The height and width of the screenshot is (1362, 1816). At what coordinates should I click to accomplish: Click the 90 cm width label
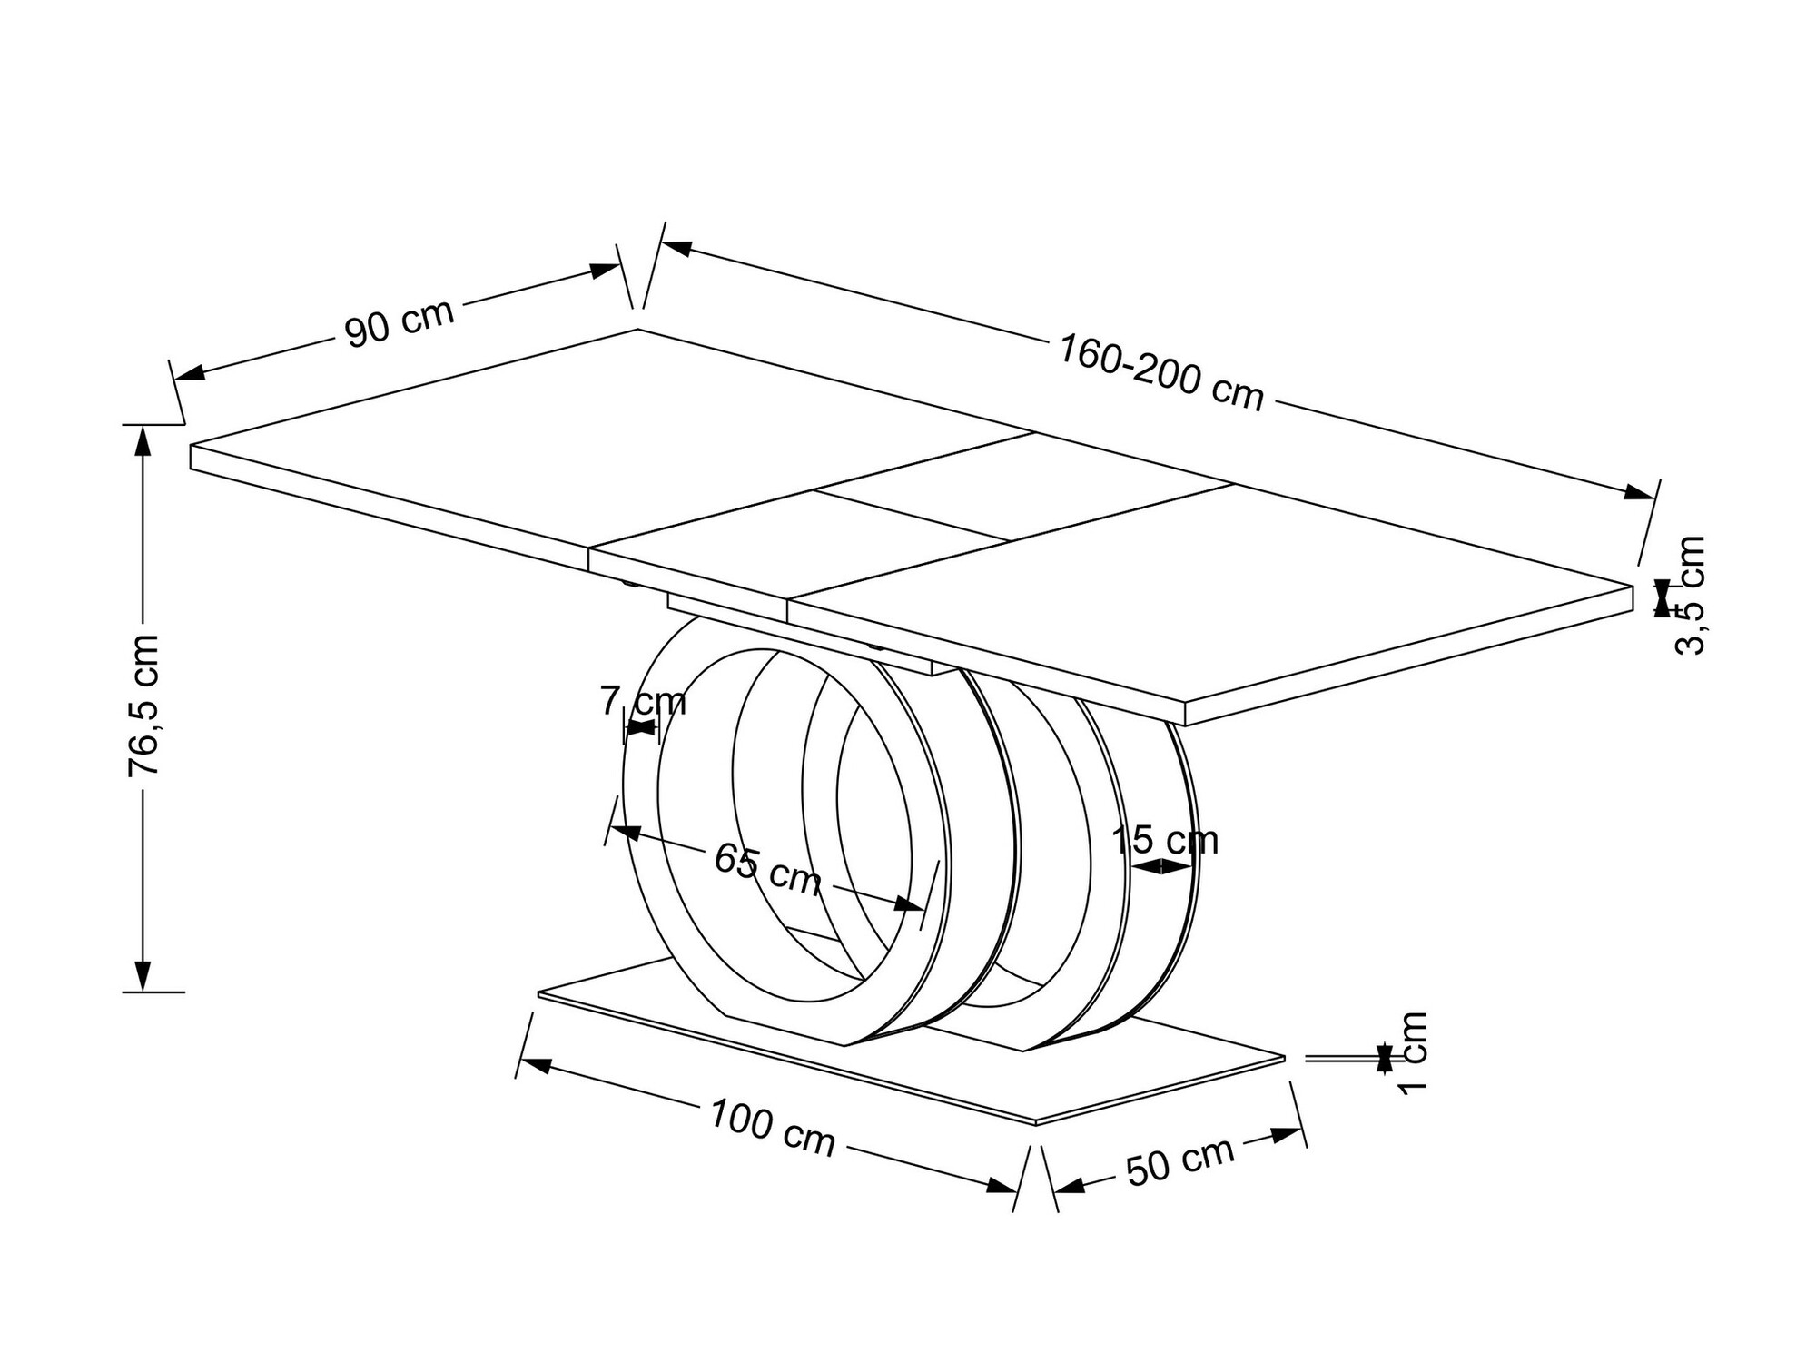tap(400, 321)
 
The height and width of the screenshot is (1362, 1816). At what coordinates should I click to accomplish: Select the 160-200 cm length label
tap(1161, 372)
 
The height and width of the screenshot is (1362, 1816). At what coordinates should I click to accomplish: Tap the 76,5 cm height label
tap(143, 705)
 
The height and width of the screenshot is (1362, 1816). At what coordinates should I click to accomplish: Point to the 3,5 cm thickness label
tap(1689, 595)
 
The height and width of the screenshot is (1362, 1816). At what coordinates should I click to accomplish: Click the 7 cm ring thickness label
tap(643, 702)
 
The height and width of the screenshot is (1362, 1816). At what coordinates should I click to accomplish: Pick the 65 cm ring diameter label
tap(767, 868)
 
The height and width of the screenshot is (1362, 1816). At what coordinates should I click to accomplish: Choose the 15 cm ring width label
tap(1165, 840)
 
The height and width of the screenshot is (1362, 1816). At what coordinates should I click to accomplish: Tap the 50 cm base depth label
tap(1179, 1160)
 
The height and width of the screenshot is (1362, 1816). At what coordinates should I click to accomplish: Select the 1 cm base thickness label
tap(1413, 1053)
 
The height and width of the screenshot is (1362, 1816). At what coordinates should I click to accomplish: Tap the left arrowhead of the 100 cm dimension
tap(536, 1064)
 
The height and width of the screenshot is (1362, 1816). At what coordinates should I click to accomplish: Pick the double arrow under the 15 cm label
tap(1161, 867)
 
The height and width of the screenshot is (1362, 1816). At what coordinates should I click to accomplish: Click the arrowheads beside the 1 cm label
tap(1384, 1058)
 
